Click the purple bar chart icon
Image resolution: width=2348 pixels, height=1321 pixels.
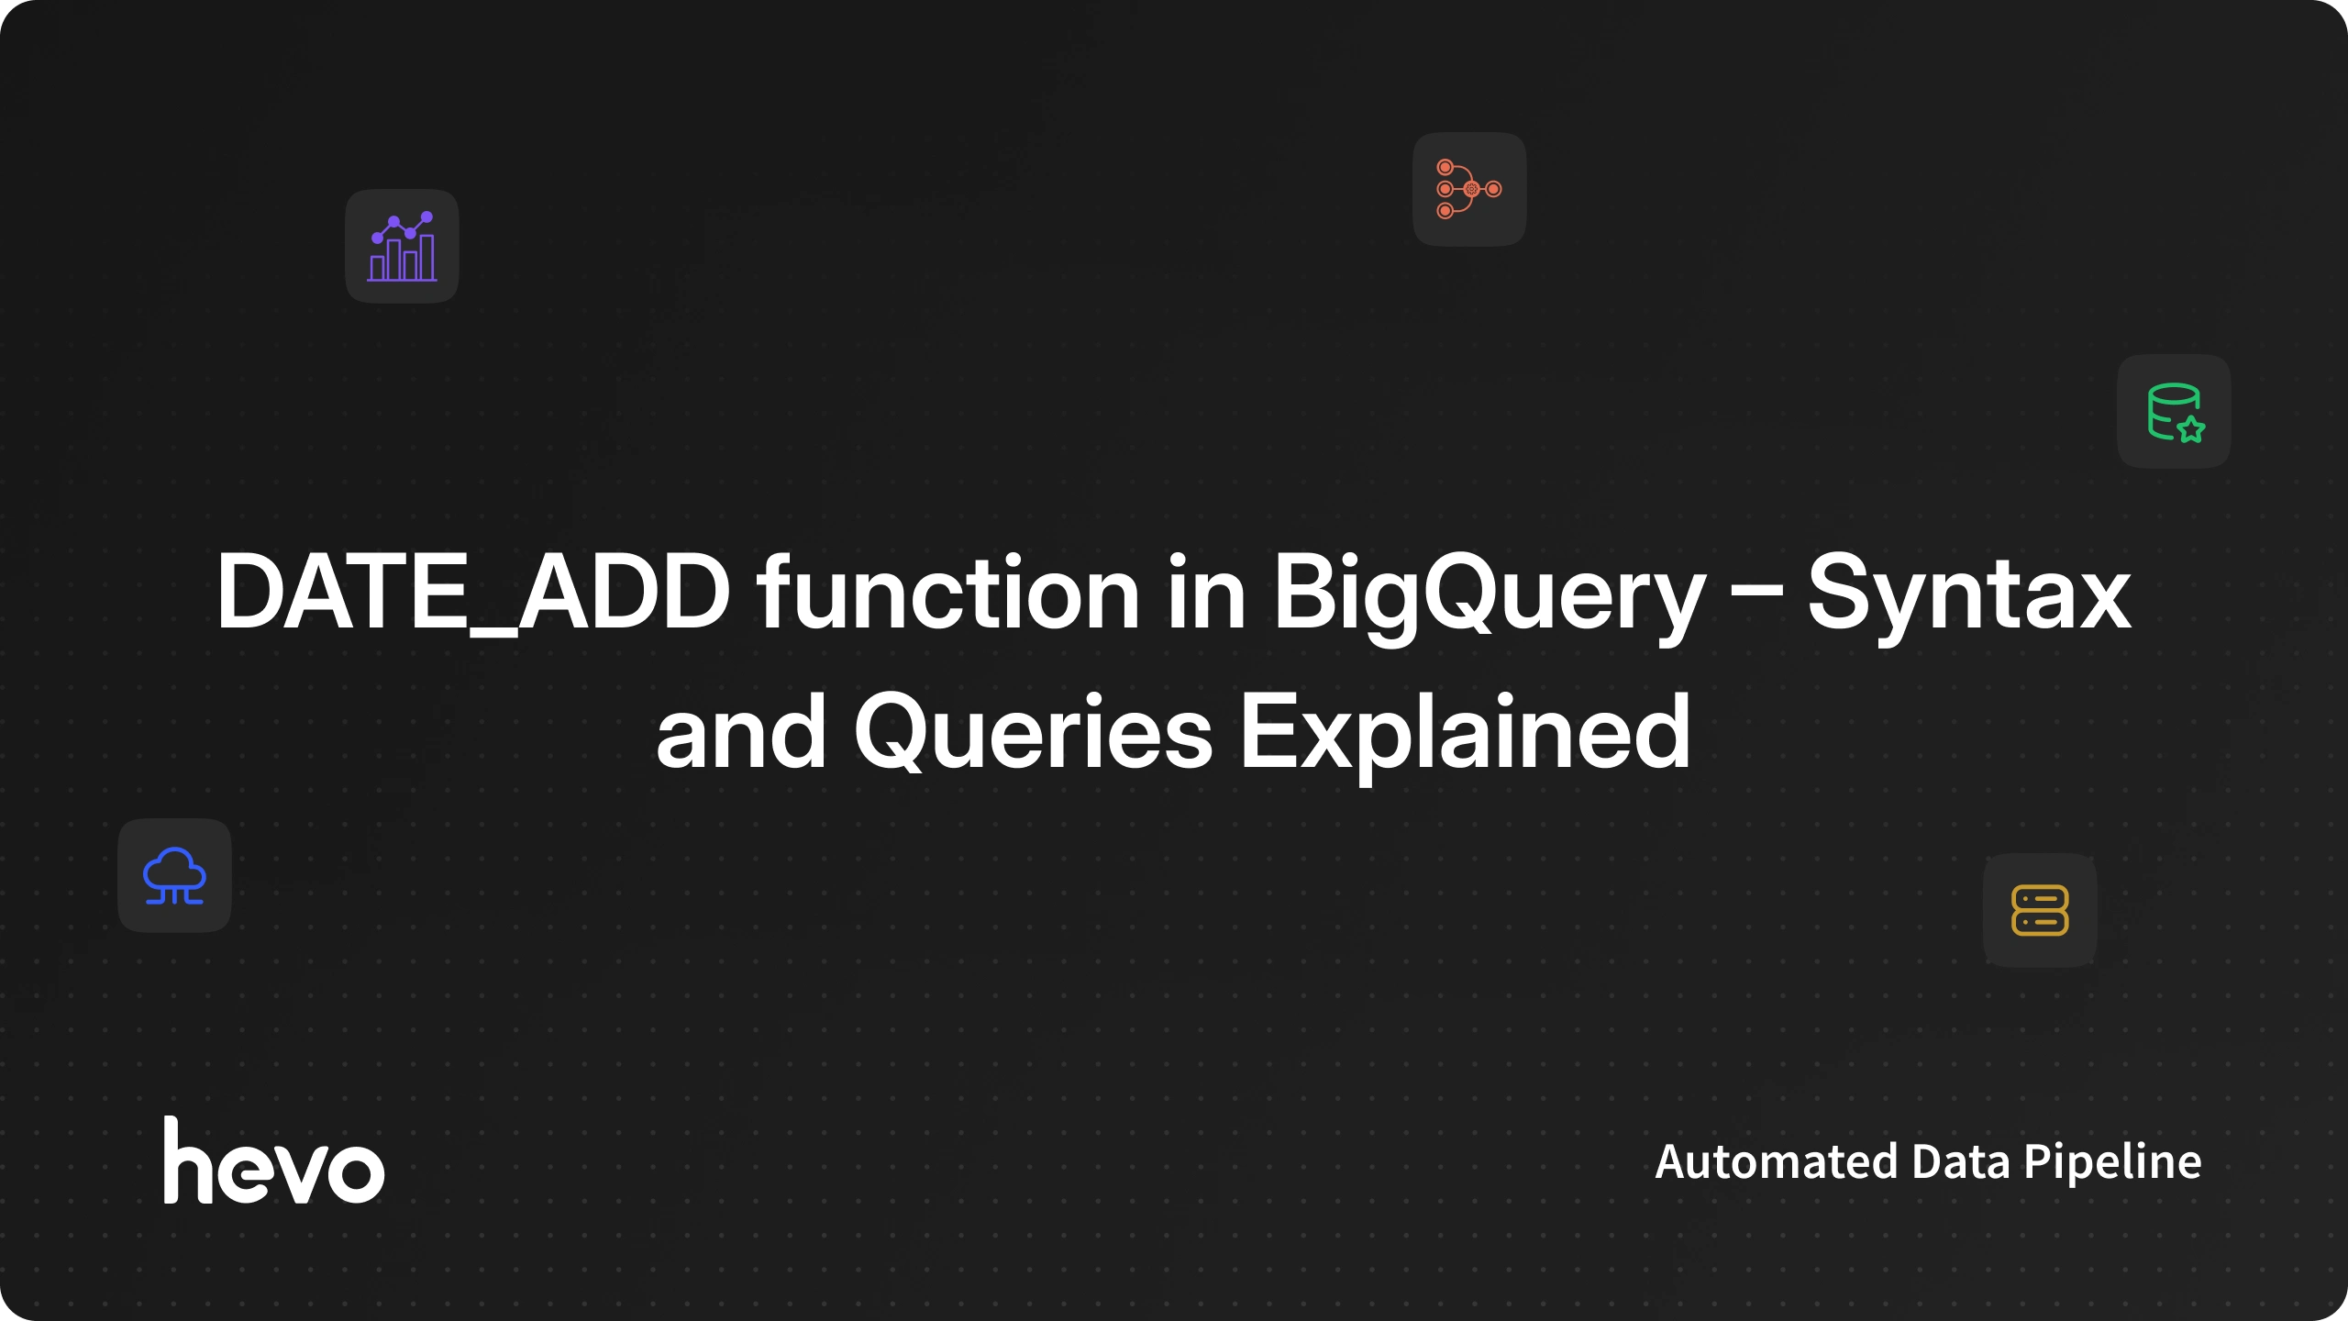pyautogui.click(x=402, y=246)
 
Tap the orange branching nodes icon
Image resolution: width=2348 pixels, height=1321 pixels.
pyautogui.click(x=1468, y=189)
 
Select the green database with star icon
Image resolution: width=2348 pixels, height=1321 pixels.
pyautogui.click(x=2176, y=413)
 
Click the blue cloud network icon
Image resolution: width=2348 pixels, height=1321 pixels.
pyautogui.click(x=174, y=876)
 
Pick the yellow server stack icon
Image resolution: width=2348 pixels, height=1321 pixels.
pyautogui.click(x=2040, y=910)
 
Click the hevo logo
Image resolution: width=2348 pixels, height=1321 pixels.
pyautogui.click(x=273, y=1160)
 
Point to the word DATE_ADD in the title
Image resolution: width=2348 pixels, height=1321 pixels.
pyautogui.click(x=473, y=592)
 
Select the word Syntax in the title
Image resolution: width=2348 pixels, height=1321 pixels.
pyautogui.click(x=1969, y=596)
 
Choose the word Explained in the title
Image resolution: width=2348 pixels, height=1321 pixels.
pyautogui.click(x=1466, y=734)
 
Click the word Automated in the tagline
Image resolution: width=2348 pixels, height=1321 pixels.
pyautogui.click(x=1777, y=1161)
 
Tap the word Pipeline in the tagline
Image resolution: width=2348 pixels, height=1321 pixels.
pyautogui.click(x=2112, y=1163)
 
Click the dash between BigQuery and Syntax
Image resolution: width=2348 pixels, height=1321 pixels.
pyautogui.click(x=1756, y=596)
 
